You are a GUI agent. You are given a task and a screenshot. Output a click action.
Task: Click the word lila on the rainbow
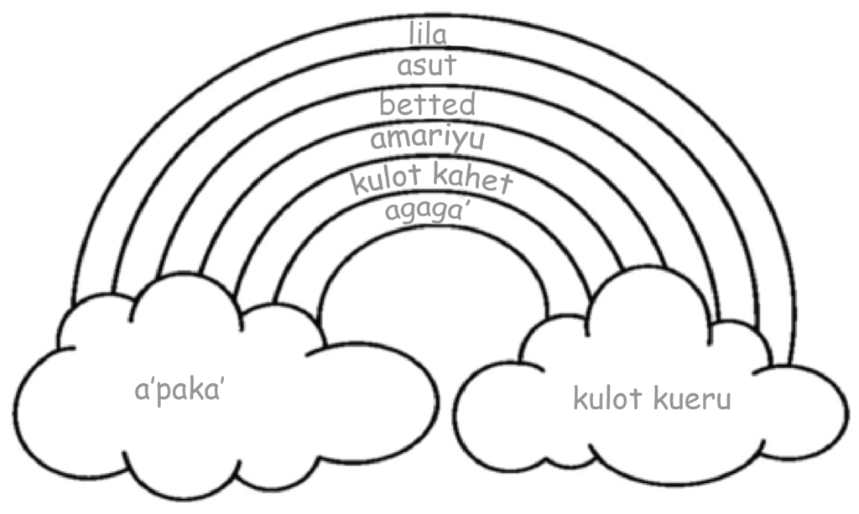tap(428, 34)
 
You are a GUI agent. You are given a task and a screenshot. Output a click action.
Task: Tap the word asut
tap(427, 66)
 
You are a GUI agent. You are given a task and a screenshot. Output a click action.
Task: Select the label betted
tap(427, 105)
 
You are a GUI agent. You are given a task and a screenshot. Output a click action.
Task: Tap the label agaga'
tap(425, 210)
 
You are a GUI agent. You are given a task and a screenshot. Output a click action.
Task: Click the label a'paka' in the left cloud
tap(183, 391)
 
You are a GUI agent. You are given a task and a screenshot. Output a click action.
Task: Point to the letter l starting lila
tap(413, 34)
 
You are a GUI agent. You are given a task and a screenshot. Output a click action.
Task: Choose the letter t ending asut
tap(451, 66)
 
